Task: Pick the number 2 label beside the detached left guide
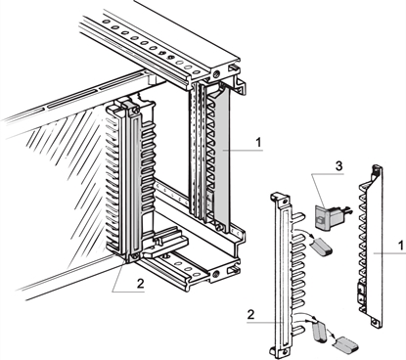253,315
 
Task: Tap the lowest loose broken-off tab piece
344,342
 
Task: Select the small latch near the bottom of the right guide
363,292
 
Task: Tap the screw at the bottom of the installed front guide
128,260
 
